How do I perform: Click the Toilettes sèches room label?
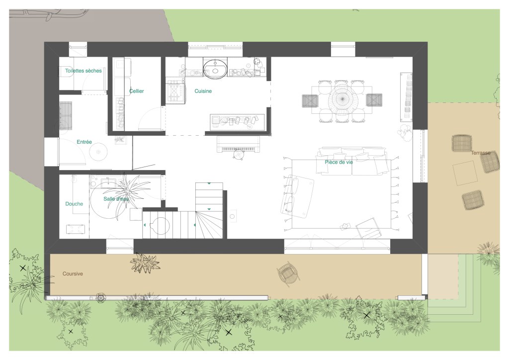[84, 71]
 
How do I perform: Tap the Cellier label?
[136, 91]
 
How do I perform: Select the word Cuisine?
[203, 91]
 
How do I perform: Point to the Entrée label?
[84, 142]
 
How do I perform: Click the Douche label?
[74, 204]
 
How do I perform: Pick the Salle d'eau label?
[116, 199]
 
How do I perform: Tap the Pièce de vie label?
[339, 162]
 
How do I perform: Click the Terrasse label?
[481, 153]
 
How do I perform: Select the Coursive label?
[73, 273]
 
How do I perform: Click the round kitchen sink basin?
[215, 69]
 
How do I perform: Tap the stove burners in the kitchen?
[175, 92]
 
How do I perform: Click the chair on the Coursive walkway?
[288, 273]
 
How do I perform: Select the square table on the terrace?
[465, 173]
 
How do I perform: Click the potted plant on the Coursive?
[145, 262]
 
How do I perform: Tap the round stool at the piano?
[239, 154]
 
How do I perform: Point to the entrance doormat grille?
[66, 115]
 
